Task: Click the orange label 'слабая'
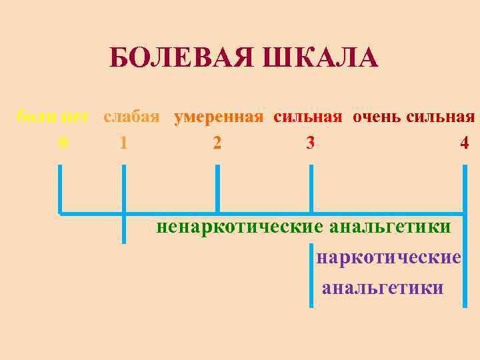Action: click(131, 117)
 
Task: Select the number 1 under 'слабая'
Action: click(124, 143)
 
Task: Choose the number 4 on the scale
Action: click(464, 143)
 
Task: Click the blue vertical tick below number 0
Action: click(60, 190)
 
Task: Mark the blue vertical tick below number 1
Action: click(124, 200)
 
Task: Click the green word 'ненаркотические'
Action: click(238, 227)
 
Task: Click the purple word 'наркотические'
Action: click(389, 257)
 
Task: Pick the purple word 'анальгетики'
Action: click(383, 288)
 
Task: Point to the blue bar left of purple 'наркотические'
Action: click(311, 273)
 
